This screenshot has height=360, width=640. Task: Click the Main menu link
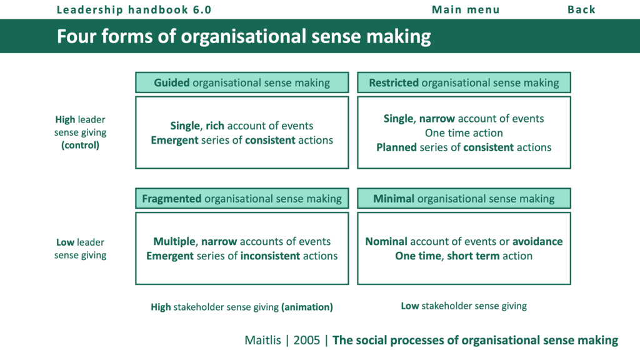(x=466, y=9)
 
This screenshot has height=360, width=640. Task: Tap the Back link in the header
(x=581, y=9)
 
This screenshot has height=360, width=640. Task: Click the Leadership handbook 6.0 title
(x=134, y=9)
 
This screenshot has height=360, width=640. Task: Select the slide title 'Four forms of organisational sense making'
(x=244, y=36)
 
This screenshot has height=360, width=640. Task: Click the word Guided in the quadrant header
(x=172, y=82)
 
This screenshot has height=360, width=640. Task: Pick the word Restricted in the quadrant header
(x=394, y=82)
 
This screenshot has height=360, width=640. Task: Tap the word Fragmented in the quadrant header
(x=171, y=199)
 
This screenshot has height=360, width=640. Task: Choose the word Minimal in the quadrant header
(x=394, y=199)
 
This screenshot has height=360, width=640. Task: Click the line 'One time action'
(x=464, y=132)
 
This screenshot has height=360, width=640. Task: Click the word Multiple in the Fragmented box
(x=174, y=241)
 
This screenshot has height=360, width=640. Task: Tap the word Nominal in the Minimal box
(x=386, y=241)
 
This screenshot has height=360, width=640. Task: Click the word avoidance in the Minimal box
(x=537, y=241)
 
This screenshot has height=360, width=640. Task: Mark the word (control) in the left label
(x=80, y=145)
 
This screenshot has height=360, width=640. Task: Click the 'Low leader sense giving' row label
(x=80, y=248)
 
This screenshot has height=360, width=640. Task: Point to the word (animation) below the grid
(x=307, y=307)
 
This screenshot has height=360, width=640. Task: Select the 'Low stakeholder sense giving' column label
(x=464, y=306)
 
